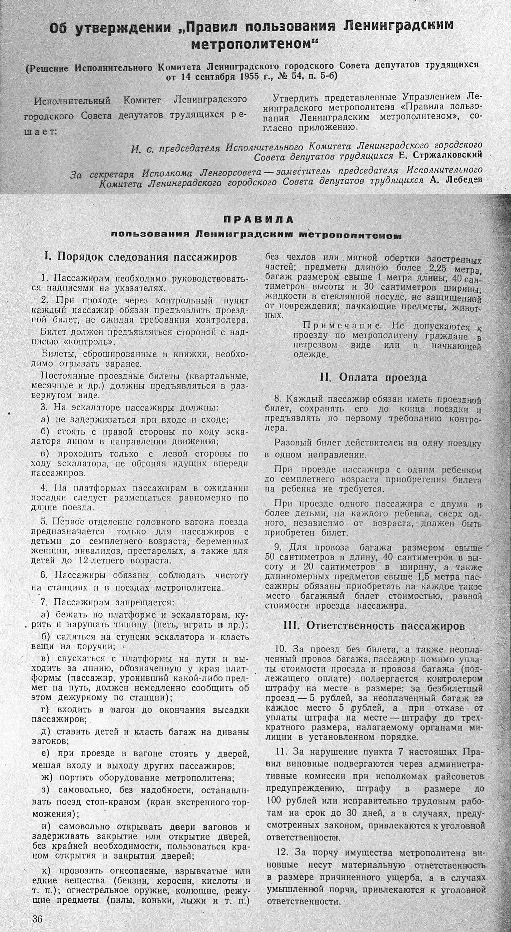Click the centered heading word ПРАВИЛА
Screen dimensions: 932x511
(258, 220)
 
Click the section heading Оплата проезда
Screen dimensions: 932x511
(373, 377)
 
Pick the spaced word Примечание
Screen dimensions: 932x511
(341, 326)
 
